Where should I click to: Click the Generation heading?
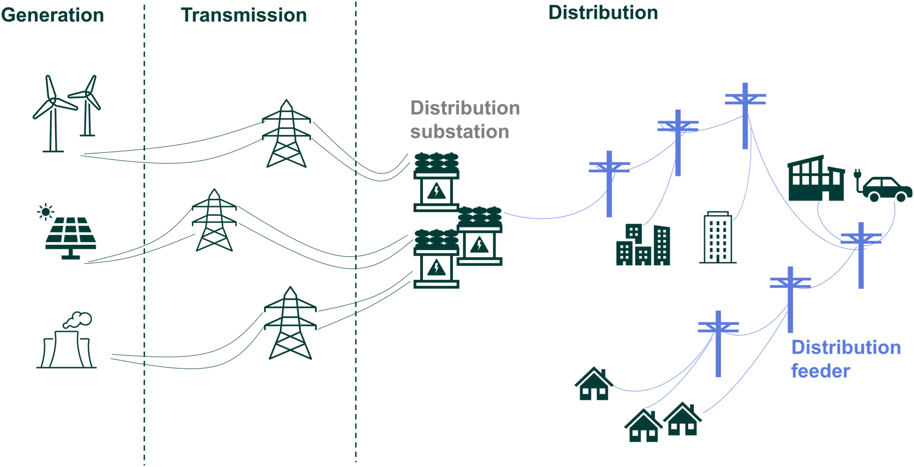click(52, 15)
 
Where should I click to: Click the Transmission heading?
click(244, 15)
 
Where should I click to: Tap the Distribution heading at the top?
click(603, 13)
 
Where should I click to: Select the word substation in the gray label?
click(459, 132)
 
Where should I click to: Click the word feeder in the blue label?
click(820, 371)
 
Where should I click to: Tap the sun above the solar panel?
click(46, 212)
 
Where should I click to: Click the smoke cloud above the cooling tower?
click(78, 320)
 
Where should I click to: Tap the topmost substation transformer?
click(436, 183)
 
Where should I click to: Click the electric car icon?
click(887, 189)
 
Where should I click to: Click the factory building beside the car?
click(815, 180)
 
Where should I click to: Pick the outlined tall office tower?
click(718, 238)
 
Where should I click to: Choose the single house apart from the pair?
click(594, 384)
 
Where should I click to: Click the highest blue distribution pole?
click(745, 116)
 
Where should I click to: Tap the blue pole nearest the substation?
click(609, 184)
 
